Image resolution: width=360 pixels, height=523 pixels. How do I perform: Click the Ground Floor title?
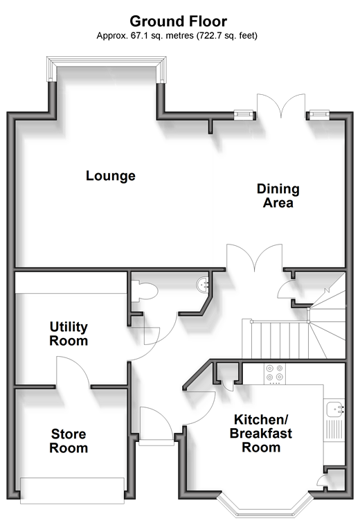click(179, 21)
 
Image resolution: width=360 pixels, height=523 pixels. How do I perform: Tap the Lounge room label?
click(111, 176)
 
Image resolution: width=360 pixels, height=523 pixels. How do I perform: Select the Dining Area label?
click(278, 196)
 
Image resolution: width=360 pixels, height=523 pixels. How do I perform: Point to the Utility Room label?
click(69, 334)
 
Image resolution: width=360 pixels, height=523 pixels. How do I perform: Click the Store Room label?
click(69, 441)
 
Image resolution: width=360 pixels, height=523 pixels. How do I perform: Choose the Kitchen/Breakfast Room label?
click(261, 433)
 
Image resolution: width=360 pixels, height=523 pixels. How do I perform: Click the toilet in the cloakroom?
click(144, 292)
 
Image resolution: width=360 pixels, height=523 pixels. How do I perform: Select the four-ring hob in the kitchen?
click(275, 373)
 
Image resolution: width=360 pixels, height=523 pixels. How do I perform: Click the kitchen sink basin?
click(334, 409)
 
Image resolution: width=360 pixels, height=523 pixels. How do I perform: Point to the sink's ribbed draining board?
click(334, 429)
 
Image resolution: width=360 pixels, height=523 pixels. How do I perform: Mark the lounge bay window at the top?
click(107, 69)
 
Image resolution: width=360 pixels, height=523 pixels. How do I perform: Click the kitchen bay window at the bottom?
click(266, 506)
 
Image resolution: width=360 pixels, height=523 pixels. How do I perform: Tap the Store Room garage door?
click(72, 490)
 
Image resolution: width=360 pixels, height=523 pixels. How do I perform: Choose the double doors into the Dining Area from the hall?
click(255, 257)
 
